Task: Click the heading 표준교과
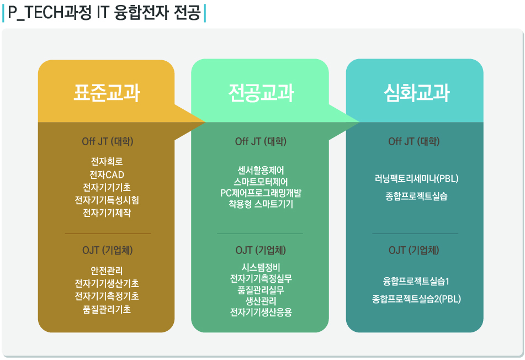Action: [107, 93]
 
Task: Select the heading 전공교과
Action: [261, 93]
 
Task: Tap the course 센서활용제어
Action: [261, 169]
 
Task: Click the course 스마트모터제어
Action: [261, 181]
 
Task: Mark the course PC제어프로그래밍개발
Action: [261, 193]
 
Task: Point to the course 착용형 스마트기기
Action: [261, 204]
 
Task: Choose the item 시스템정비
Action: [261, 267]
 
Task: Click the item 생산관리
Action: [261, 301]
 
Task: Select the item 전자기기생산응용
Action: [261, 313]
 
